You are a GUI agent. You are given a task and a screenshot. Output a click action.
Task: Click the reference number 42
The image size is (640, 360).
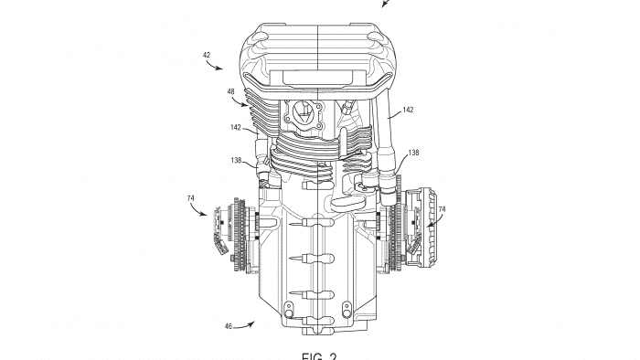pyautogui.click(x=207, y=55)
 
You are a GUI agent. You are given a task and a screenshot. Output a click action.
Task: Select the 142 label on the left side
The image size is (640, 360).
pyautogui.click(x=236, y=129)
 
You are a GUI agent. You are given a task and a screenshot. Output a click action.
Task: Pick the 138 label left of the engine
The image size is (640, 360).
pyautogui.click(x=236, y=160)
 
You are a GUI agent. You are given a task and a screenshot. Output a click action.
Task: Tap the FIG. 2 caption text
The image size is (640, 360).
pyautogui.click(x=319, y=355)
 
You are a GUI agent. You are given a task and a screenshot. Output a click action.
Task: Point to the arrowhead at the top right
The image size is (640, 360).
pyautogui.click(x=385, y=4)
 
